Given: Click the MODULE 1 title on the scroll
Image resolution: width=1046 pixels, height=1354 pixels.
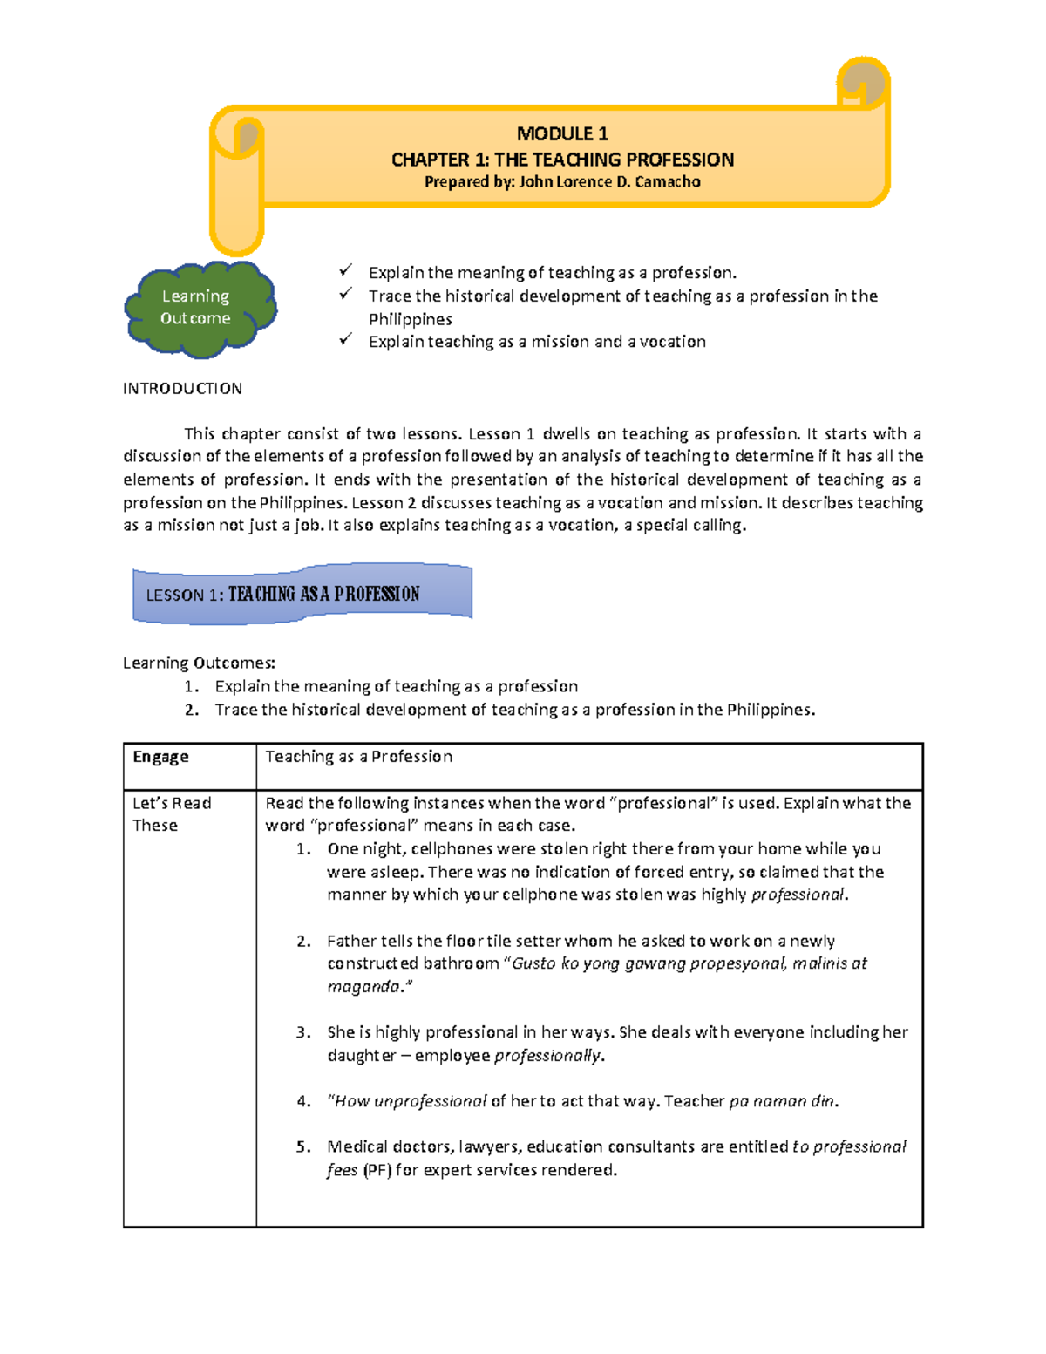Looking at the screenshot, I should [x=562, y=133].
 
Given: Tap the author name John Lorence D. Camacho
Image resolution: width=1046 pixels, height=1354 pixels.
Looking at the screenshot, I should [x=609, y=182].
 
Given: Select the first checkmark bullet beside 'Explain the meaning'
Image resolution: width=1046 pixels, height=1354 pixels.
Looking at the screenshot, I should [x=346, y=271].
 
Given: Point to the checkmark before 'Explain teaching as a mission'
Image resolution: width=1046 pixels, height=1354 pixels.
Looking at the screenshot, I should [x=346, y=340].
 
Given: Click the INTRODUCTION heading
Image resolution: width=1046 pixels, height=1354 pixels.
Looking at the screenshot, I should [x=182, y=389].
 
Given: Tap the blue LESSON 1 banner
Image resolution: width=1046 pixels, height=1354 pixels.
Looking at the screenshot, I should [x=302, y=595].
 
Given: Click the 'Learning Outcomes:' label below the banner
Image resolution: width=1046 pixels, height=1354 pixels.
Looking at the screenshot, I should [x=199, y=663].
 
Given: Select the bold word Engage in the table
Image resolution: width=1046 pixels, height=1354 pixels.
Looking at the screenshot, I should [x=160, y=757].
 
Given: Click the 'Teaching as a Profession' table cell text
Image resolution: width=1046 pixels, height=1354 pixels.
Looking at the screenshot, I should [x=358, y=757].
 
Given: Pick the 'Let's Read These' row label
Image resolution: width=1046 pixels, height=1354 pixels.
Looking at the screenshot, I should [x=171, y=814].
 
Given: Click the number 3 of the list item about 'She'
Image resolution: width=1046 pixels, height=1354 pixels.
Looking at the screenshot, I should [x=302, y=1032].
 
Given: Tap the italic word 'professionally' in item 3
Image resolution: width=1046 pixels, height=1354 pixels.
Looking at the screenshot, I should [x=547, y=1056].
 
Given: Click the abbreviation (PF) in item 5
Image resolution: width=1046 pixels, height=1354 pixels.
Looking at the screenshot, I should [x=377, y=1170].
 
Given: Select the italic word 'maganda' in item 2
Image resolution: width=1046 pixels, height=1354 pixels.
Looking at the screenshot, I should [x=364, y=987].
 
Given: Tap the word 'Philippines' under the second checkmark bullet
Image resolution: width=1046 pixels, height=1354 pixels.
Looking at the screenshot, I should [x=410, y=319].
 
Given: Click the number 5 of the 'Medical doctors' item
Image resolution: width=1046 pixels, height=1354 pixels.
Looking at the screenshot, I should [x=302, y=1147].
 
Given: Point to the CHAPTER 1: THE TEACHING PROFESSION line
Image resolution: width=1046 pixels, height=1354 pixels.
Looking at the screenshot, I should [x=562, y=160].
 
